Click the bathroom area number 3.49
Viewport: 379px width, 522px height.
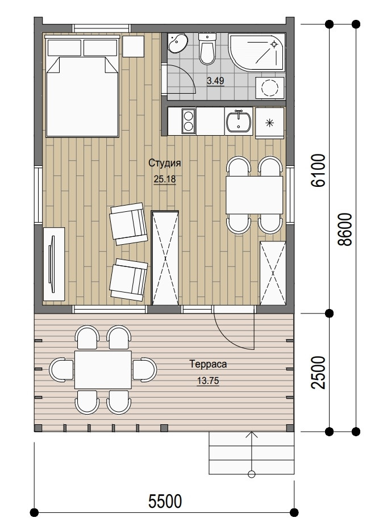215,81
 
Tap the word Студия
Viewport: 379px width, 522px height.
165,163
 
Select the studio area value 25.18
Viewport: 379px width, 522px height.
165,179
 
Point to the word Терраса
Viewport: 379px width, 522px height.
208,364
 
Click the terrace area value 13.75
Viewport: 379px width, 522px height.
208,381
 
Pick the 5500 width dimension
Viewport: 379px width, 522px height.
165,500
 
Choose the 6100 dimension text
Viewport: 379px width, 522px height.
318,170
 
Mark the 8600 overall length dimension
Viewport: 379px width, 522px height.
344,229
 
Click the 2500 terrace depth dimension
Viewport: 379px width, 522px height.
318,372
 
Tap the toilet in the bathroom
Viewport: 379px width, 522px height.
207,49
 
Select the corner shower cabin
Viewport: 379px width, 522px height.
257,52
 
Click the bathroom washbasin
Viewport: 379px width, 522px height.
177,43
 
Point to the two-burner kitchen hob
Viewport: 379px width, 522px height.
189,121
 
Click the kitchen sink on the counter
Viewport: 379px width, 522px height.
239,121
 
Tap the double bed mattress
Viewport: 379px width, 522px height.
82,97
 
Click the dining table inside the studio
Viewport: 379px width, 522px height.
254,195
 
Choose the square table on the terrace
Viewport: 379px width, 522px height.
103,370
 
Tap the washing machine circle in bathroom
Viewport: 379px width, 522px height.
270,88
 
